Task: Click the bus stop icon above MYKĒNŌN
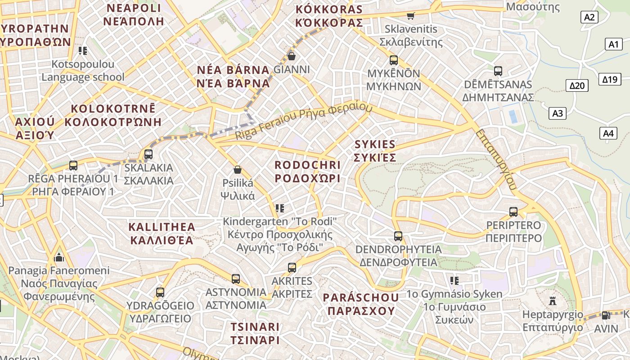(394, 60)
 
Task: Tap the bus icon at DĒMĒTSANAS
(498, 71)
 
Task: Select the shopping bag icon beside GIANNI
(292, 56)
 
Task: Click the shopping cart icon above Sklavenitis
(410, 16)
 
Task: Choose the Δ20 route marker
(576, 85)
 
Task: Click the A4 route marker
(608, 133)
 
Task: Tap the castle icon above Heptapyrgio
(553, 301)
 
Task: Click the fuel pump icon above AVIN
(606, 315)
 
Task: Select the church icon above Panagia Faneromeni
(59, 257)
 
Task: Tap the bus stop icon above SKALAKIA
(148, 154)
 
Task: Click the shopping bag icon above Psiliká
(238, 170)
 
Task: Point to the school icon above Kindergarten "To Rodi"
(280, 208)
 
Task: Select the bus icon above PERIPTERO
(513, 211)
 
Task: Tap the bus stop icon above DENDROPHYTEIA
(398, 236)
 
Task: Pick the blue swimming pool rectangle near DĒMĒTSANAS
(513, 116)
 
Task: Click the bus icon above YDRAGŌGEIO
(160, 292)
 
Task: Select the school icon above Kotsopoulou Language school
(82, 50)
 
